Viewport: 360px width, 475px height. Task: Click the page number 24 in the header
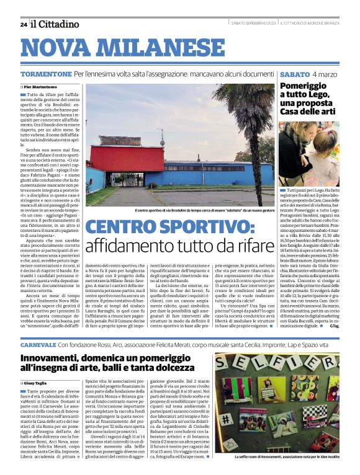click(x=24, y=24)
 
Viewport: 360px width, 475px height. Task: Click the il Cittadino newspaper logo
click(x=55, y=24)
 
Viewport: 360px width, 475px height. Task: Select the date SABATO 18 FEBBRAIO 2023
click(x=253, y=24)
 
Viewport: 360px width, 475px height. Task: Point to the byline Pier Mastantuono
click(x=42, y=87)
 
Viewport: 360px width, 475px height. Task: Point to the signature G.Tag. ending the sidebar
click(x=334, y=326)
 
